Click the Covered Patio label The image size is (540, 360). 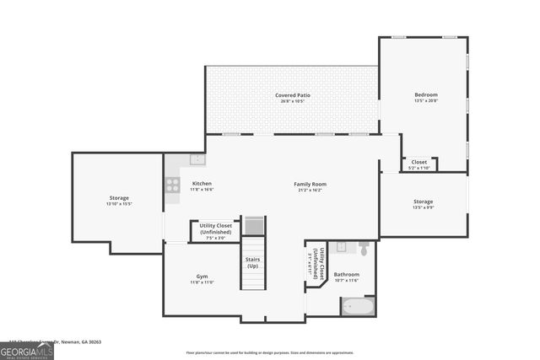coord(293,95)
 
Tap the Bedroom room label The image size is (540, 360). coord(425,94)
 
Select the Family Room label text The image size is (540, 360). coord(310,184)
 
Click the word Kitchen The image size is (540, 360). coord(202,184)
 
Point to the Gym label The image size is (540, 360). coord(202,277)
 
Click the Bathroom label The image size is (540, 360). coord(346,274)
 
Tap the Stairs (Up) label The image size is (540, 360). coord(252,262)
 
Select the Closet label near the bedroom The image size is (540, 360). coord(419,162)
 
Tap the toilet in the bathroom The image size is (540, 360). coord(364,249)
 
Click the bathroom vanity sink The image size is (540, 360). coord(341,247)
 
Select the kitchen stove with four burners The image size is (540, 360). coord(173,185)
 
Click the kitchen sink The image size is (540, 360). coord(197,159)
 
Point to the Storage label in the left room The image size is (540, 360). coord(119,198)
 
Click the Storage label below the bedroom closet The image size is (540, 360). coord(423,201)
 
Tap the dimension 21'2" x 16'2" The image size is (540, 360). coord(310,191)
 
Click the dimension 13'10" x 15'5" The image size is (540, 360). coord(119,204)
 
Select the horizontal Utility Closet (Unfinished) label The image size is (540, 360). coord(216,228)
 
